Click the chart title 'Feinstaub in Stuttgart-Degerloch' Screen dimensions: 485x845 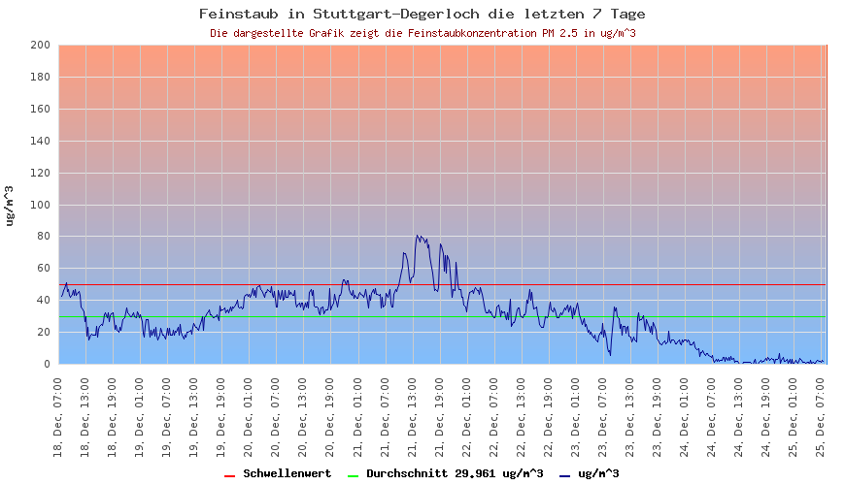coord(422,14)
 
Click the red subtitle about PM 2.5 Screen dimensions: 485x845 coord(422,33)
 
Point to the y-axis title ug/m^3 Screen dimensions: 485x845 coord(10,205)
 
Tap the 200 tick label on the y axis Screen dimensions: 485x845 coord(40,46)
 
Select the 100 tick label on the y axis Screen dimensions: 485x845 coord(40,205)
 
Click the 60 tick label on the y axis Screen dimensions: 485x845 coord(43,269)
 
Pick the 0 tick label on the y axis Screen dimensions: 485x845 coord(47,364)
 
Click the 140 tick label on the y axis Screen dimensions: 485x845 coord(40,142)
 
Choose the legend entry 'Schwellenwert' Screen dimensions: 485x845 coord(287,473)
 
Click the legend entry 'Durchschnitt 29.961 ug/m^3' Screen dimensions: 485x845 coord(454,473)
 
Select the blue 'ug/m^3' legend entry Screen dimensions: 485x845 coord(598,473)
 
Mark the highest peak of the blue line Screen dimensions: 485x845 coord(418,235)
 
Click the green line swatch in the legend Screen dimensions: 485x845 coord(353,474)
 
